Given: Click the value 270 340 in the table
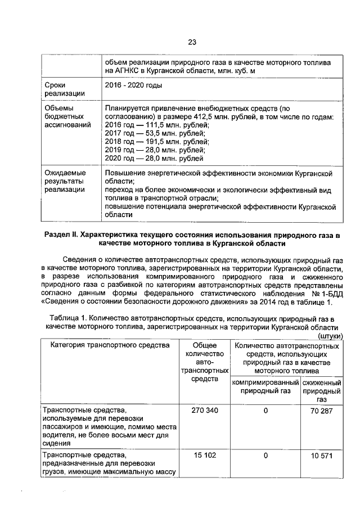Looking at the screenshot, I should point(205,411).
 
